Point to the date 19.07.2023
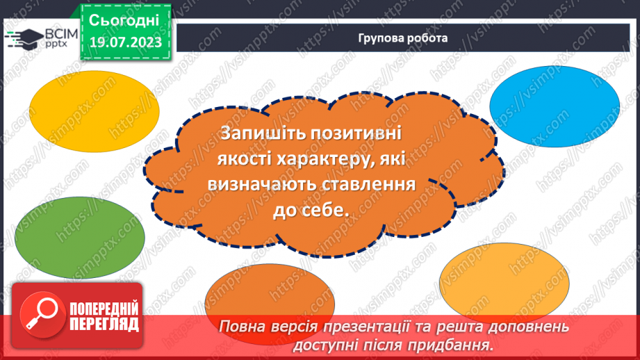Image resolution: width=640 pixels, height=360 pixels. pos(125,43)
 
